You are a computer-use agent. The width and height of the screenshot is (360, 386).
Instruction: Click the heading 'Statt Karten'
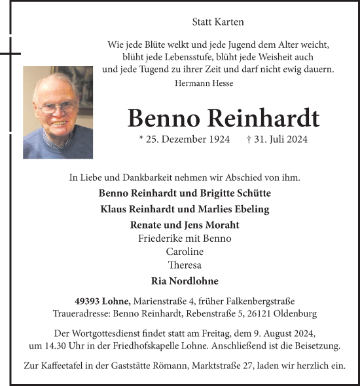[218, 22]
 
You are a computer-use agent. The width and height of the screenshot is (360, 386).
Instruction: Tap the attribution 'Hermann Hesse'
[204, 83]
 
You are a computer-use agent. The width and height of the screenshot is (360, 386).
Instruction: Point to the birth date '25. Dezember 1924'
[189, 140]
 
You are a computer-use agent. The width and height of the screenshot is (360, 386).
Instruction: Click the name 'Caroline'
[185, 252]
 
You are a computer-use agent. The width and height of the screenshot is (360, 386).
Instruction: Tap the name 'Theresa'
[185, 265]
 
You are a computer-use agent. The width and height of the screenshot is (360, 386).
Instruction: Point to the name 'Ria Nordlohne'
[185, 280]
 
